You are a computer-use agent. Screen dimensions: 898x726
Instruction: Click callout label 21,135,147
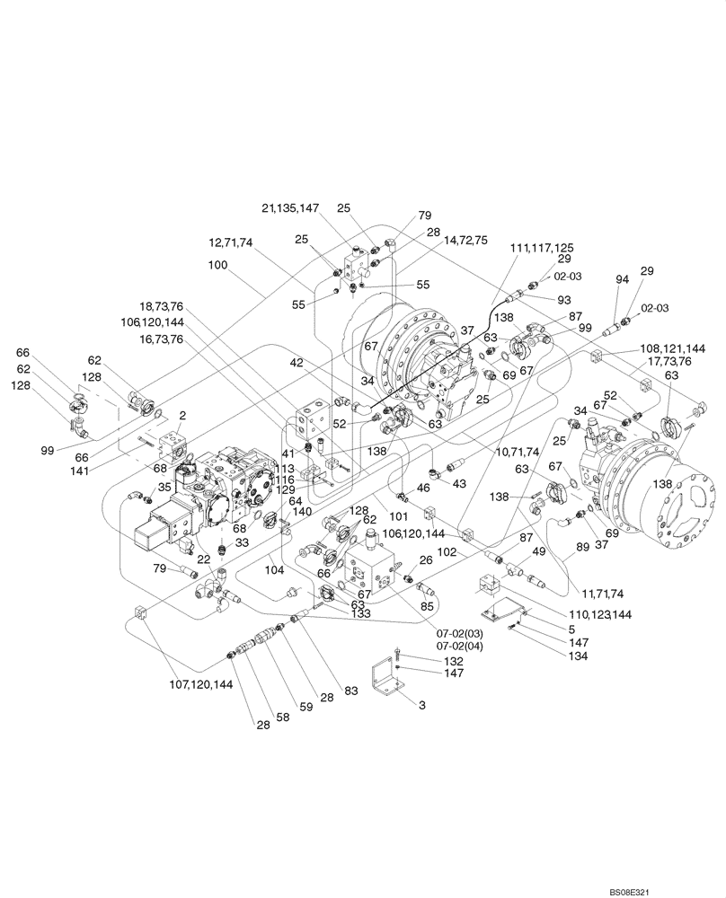pyautogui.click(x=291, y=208)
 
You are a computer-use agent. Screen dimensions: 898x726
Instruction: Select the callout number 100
pyautogui.click(x=217, y=266)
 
